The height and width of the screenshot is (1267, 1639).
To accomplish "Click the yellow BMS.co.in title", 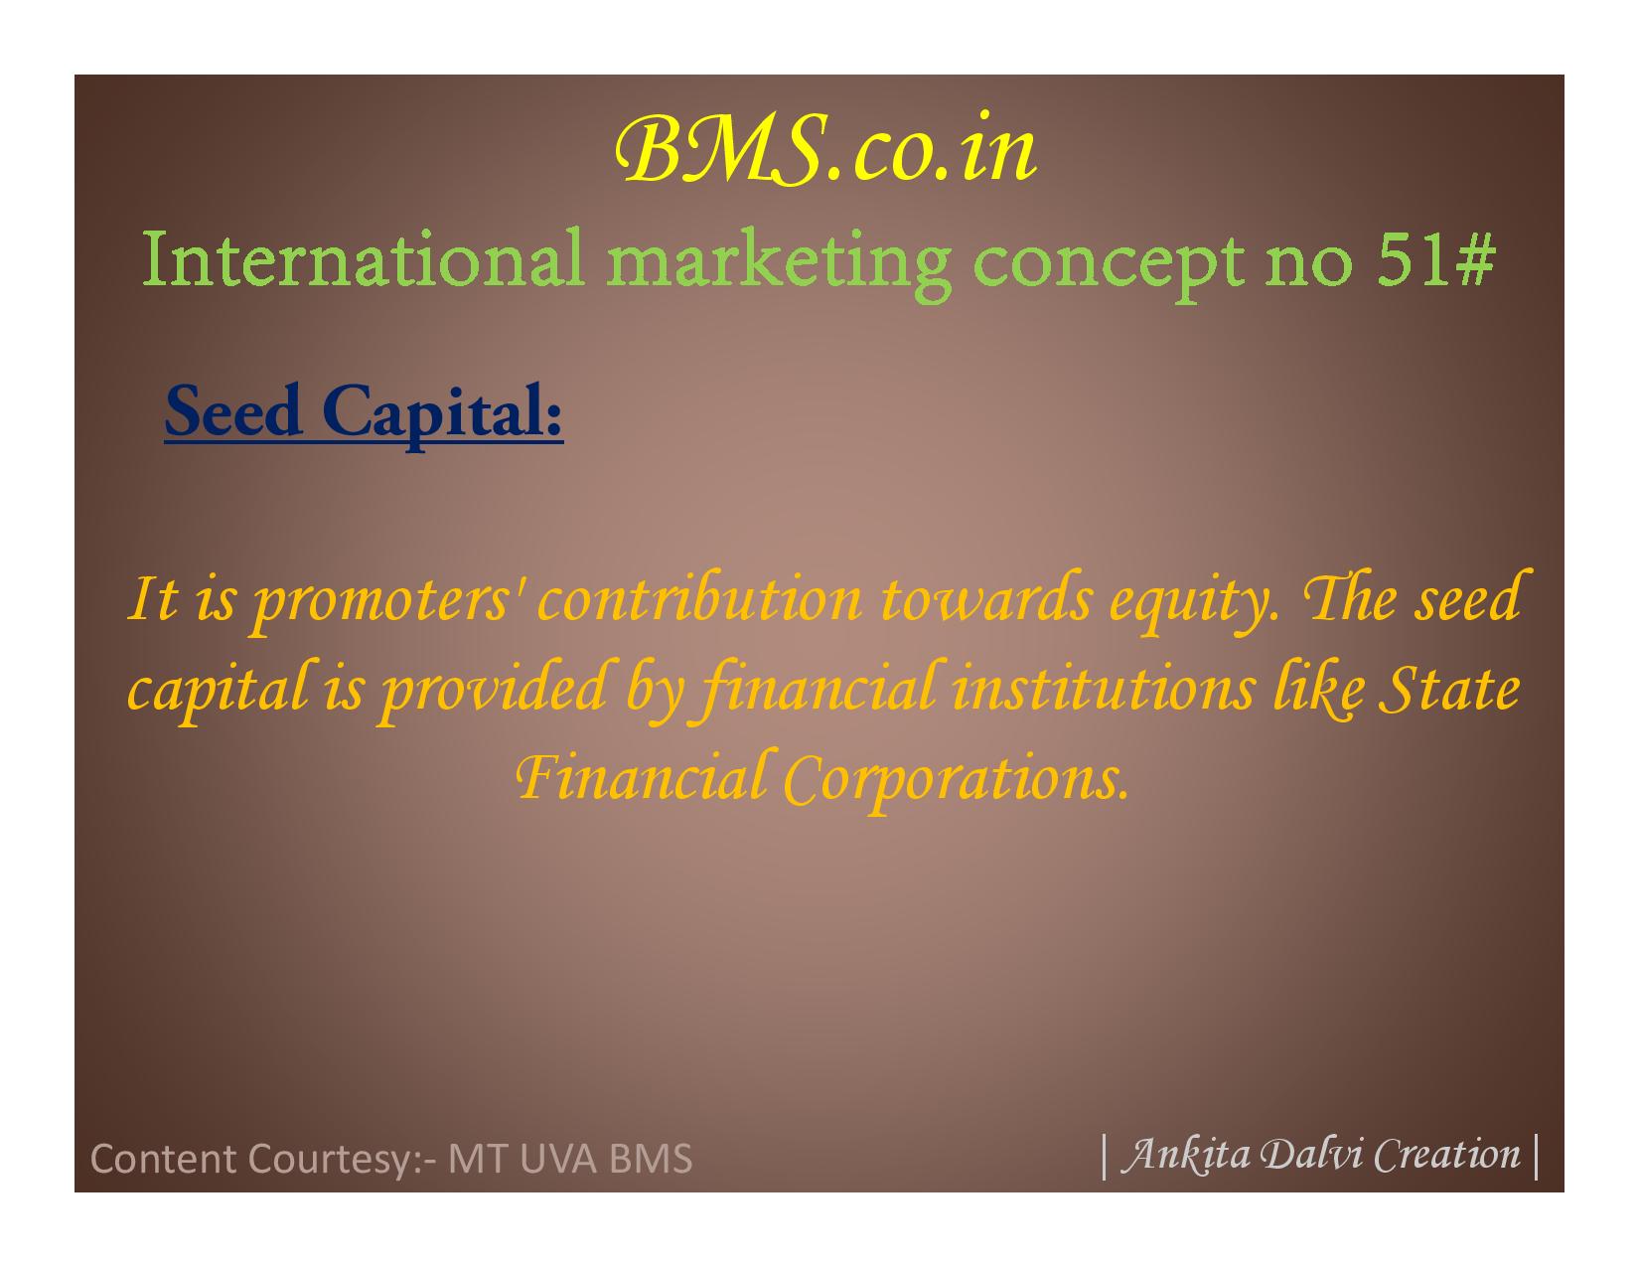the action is pos(825,149).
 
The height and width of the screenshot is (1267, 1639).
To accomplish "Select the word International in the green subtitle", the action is pos(363,257).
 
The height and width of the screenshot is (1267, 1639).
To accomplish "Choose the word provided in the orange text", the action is pos(495,692).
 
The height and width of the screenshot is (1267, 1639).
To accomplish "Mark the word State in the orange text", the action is pos(1449,688).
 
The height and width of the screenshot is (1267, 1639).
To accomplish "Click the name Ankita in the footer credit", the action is pos(1186,1155).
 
